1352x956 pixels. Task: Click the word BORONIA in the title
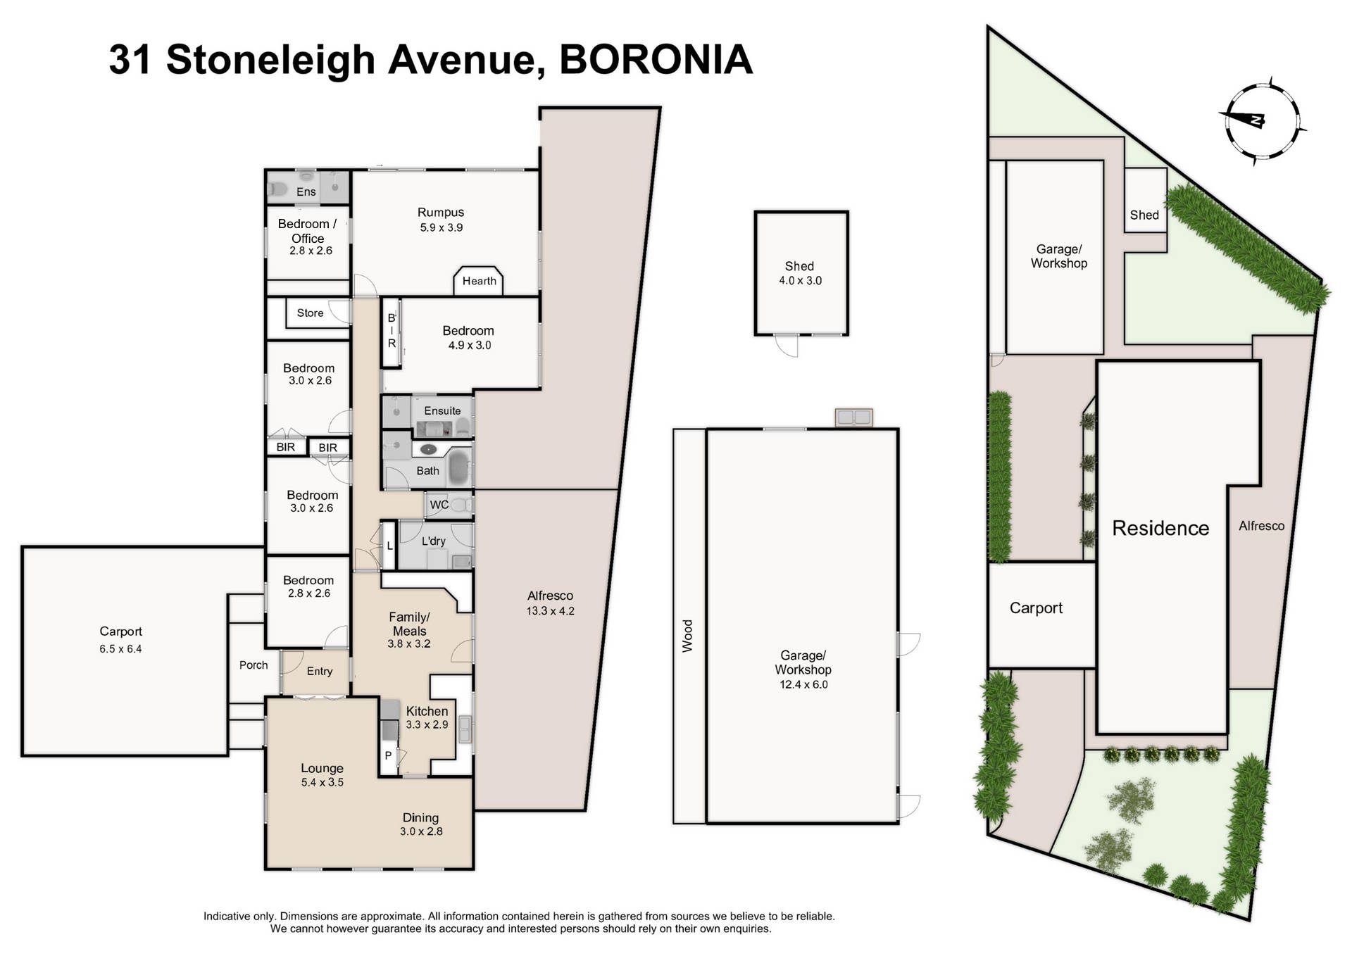click(x=656, y=60)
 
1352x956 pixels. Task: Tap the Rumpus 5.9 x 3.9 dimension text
click(x=441, y=227)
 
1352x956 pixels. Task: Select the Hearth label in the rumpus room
click(x=479, y=281)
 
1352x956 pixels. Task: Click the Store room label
click(x=310, y=313)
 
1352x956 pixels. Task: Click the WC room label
click(x=439, y=505)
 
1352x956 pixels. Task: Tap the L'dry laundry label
click(x=433, y=541)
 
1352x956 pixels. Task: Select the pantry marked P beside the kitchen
click(x=387, y=756)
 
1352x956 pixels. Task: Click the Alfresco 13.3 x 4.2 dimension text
click(x=550, y=611)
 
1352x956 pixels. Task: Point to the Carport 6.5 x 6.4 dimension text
click(x=120, y=649)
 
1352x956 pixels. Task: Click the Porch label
click(x=254, y=665)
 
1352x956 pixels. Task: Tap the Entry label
click(x=320, y=671)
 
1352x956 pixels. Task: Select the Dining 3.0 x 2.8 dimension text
click(x=421, y=831)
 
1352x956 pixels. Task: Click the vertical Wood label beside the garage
click(x=687, y=636)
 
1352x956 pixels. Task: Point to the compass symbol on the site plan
click(x=1260, y=121)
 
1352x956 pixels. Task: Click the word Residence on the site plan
click(x=1160, y=528)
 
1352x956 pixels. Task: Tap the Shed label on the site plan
click(x=1144, y=215)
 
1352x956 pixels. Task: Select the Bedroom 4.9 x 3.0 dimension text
click(x=469, y=345)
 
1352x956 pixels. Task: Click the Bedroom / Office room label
click(x=307, y=231)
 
